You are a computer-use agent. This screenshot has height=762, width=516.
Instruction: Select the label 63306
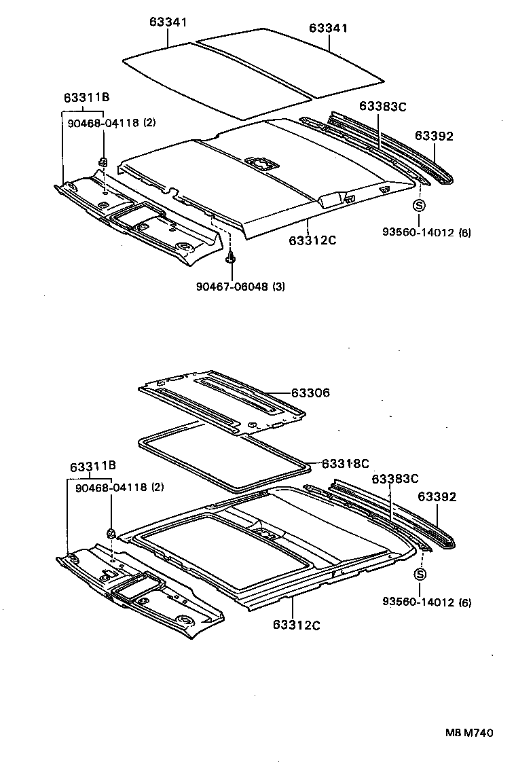click(x=310, y=393)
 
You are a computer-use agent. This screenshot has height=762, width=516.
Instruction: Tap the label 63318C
click(x=344, y=464)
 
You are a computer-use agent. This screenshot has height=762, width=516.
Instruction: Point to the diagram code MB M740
click(x=468, y=733)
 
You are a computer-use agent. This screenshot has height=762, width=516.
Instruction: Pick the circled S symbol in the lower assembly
click(x=419, y=575)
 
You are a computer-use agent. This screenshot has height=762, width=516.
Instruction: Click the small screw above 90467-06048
click(x=232, y=258)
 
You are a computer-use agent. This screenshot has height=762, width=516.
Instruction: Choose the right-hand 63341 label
click(x=328, y=28)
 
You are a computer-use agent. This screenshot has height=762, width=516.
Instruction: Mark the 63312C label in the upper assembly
click(x=312, y=240)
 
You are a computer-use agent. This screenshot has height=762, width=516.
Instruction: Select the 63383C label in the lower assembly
click(x=394, y=479)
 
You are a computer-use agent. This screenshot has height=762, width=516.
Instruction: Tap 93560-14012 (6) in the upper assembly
click(x=426, y=233)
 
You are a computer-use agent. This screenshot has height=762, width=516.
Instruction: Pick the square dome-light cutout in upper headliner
click(x=261, y=163)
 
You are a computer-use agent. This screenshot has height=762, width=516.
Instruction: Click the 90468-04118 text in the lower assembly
click(x=107, y=487)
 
